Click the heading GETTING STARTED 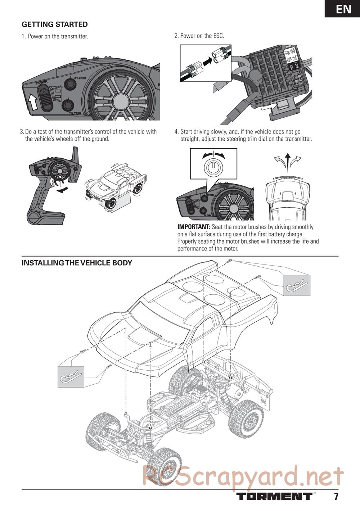tap(55, 24)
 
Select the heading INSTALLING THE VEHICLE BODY tap(77, 263)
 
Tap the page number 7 tap(336, 497)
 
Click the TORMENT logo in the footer tap(274, 497)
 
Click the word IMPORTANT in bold tap(194, 227)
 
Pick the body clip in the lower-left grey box tap(71, 376)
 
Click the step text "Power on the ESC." tap(199, 36)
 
